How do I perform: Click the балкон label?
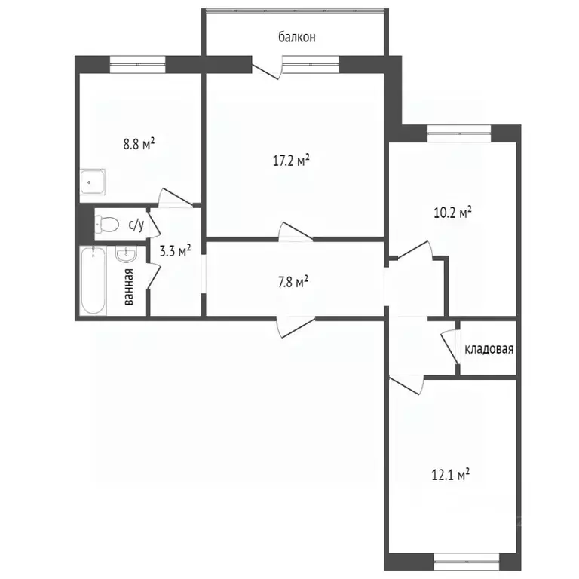[x=296, y=36]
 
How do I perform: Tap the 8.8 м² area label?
[x=139, y=142]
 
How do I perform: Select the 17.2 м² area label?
[x=292, y=160]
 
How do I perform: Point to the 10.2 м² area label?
[x=452, y=212]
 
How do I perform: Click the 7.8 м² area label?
[x=292, y=282]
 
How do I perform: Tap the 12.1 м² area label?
[x=452, y=475]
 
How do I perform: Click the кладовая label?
[x=489, y=349]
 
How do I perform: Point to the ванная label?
[x=129, y=286]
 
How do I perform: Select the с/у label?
[x=136, y=224]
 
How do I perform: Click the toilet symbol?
[x=108, y=224]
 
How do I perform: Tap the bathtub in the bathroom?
[x=94, y=280]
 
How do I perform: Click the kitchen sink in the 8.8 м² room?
[x=93, y=182]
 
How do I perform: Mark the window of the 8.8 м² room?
[x=137, y=63]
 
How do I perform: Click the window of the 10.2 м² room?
[x=459, y=133]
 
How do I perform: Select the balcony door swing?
[x=268, y=68]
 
